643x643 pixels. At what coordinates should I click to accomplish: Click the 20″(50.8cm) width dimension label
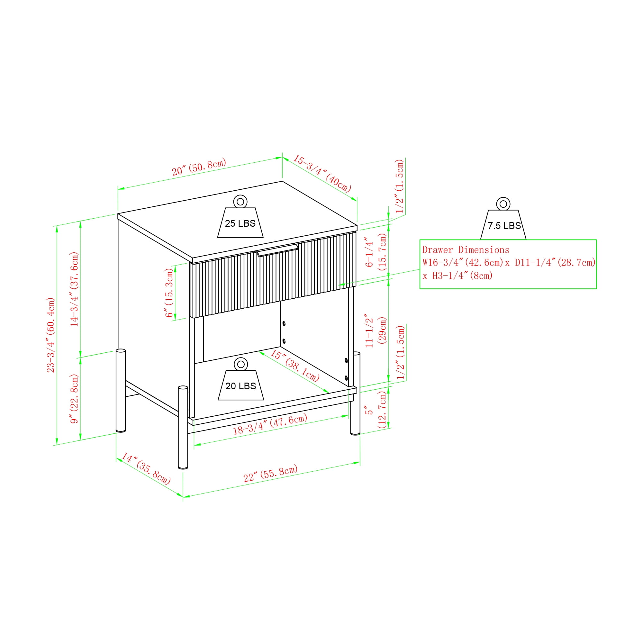199,167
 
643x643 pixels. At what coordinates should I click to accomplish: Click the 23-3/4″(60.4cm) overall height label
51,335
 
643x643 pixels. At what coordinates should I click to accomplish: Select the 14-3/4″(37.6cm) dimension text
74,289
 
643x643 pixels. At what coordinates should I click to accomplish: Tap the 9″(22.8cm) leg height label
74,399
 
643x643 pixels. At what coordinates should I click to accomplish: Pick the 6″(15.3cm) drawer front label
169,293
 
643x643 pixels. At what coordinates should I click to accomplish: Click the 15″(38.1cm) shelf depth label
294,366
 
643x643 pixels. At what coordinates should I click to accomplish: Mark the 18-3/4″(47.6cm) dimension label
270,424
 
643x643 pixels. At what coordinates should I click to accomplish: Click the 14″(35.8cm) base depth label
146,469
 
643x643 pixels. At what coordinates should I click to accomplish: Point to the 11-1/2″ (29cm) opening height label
376,331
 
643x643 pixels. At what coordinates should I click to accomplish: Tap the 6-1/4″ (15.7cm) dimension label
376,252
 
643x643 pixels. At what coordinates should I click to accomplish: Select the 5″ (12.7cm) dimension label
376,410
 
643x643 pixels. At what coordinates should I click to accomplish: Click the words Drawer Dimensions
466,250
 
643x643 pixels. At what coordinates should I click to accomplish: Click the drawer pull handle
277,249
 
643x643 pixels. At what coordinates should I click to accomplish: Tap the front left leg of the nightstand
183,427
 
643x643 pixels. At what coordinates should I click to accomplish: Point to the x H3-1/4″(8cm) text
457,276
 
